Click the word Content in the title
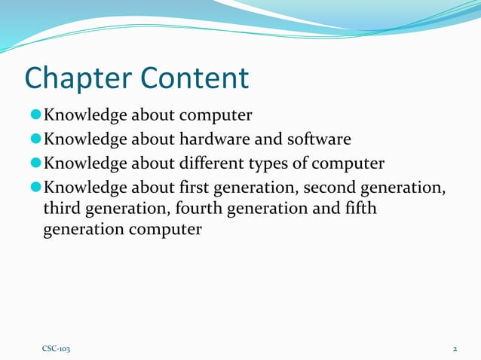198,78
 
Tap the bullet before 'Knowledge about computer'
35,116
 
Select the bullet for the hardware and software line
35,139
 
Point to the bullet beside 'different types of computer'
35,163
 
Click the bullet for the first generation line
35,186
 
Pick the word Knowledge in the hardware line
85,139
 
